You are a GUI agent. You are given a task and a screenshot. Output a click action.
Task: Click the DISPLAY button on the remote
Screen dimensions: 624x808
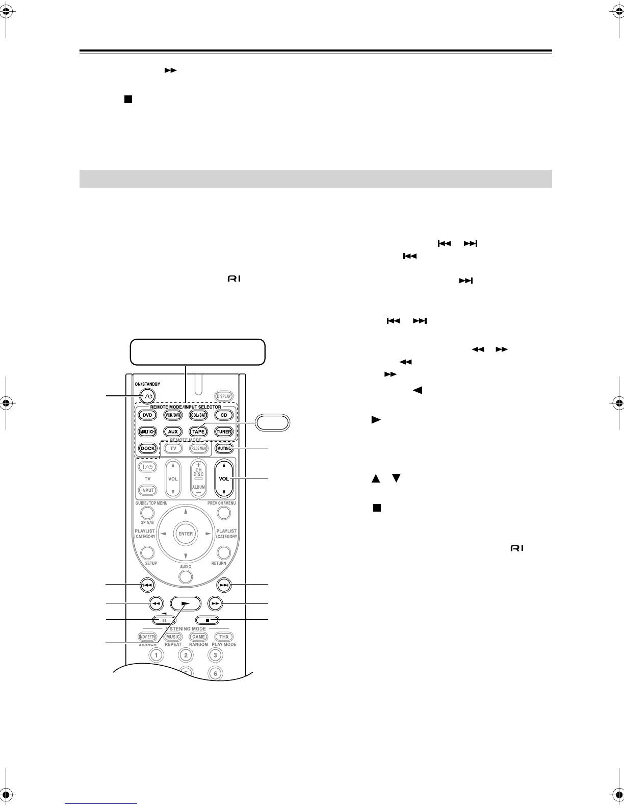224,396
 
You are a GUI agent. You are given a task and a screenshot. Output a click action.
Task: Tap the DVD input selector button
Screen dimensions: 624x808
148,415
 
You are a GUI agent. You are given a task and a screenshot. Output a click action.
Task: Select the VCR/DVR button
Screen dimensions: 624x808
173,415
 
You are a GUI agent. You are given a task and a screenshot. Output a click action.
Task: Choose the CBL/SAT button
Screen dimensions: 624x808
198,415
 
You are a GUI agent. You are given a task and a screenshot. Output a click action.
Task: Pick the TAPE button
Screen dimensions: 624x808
198,432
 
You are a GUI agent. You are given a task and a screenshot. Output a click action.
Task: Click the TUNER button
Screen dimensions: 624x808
224,432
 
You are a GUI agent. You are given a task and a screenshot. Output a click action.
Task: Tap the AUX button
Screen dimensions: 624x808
173,432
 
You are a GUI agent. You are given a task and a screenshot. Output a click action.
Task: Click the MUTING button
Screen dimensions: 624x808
224,448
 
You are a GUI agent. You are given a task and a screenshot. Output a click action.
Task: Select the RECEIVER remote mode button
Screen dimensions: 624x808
198,448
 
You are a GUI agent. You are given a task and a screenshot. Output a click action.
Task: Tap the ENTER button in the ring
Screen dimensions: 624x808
186,534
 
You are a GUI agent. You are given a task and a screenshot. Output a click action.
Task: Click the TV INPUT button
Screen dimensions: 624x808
148,490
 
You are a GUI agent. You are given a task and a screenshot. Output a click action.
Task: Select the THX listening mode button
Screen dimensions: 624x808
224,637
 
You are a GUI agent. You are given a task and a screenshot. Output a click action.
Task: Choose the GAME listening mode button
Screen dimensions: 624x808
198,637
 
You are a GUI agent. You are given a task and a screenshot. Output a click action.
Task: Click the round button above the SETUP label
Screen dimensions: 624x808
148,552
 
